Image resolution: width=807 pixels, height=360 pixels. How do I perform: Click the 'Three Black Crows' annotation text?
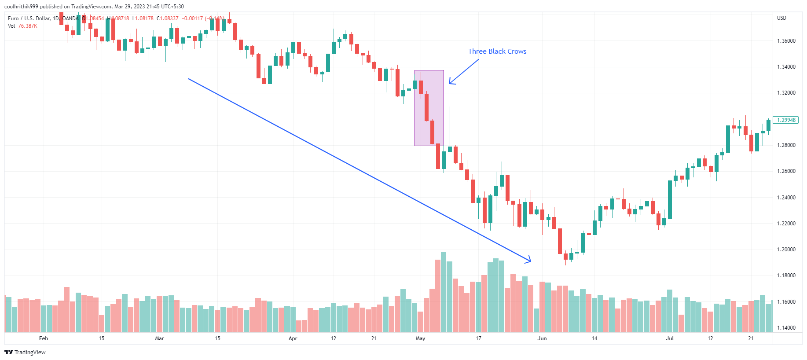pos(497,51)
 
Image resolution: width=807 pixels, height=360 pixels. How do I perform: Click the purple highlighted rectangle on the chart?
pos(429,108)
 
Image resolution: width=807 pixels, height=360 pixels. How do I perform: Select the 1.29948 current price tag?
pos(786,120)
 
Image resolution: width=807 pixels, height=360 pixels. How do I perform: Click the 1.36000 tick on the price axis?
pos(786,41)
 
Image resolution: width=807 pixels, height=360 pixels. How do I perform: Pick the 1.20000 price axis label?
pos(786,250)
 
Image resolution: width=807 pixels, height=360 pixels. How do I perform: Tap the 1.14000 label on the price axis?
pos(786,328)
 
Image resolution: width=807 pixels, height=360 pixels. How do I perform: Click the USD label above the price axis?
pos(781,18)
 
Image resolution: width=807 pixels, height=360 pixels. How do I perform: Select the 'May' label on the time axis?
pos(420,338)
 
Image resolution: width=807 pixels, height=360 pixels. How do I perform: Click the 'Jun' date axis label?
pos(542,338)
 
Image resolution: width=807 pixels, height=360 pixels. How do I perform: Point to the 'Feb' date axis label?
pos(44,338)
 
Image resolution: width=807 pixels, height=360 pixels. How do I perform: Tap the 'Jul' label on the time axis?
pos(670,338)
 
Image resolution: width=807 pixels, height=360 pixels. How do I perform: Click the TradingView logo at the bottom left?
pos(25,352)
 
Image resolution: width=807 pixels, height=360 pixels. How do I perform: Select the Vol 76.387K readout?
pos(22,26)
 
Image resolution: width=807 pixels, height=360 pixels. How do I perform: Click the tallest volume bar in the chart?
pos(444,292)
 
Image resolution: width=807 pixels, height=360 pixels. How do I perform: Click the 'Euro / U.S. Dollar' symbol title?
pos(29,18)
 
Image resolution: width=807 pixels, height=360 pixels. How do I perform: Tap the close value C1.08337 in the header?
pos(168,18)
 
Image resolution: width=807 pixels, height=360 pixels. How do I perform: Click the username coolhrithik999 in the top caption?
pos(21,7)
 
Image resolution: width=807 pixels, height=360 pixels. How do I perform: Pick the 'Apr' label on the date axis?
pos(293,338)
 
